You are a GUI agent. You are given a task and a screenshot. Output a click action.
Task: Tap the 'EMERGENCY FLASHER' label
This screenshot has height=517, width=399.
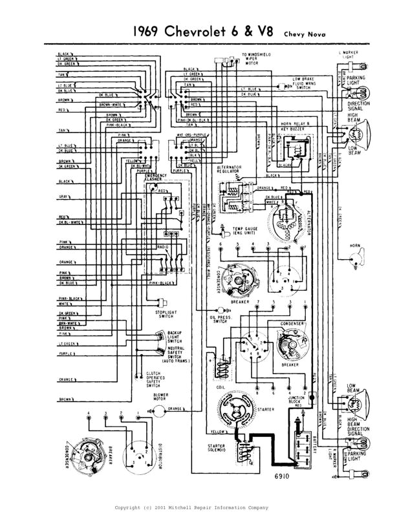point(156,178)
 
